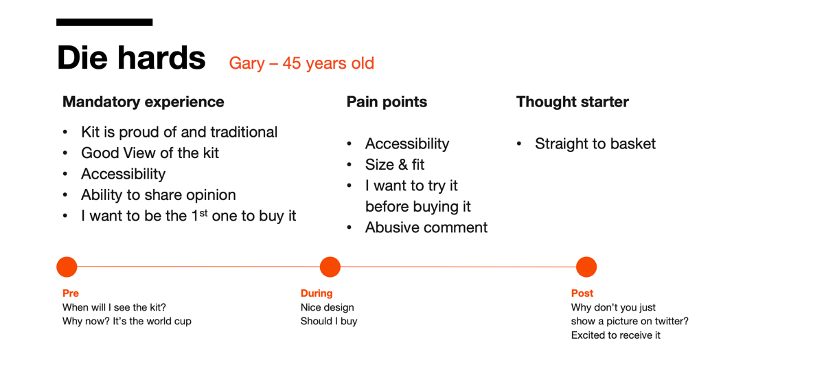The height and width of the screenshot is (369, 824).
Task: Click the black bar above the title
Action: click(104, 22)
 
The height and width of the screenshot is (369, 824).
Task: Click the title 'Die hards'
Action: click(131, 58)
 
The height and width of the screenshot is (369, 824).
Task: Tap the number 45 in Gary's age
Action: click(292, 63)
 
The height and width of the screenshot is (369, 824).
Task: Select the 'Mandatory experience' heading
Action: click(143, 102)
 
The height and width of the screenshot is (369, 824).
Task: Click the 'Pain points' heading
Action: click(387, 102)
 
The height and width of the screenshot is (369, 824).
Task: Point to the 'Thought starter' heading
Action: click(573, 102)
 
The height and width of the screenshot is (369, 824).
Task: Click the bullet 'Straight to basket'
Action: click(595, 144)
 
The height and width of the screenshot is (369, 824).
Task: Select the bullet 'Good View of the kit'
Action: click(150, 153)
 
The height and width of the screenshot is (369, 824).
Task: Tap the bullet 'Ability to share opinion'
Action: click(159, 195)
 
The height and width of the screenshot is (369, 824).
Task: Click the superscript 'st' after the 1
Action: click(203, 213)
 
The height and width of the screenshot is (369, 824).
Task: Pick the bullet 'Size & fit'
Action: click(395, 165)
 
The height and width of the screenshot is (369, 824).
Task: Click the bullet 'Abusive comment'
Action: click(426, 227)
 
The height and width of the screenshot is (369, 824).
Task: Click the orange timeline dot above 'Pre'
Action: click(67, 267)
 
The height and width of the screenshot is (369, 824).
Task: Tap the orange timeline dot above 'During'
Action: click(330, 267)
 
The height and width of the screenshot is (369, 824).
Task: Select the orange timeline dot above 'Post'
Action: click(586, 267)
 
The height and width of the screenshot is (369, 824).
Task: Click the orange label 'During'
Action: click(317, 293)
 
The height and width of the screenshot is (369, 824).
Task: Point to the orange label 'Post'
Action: click(582, 293)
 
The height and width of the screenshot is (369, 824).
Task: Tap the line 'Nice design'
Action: click(327, 308)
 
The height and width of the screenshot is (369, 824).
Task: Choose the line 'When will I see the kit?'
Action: click(114, 308)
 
